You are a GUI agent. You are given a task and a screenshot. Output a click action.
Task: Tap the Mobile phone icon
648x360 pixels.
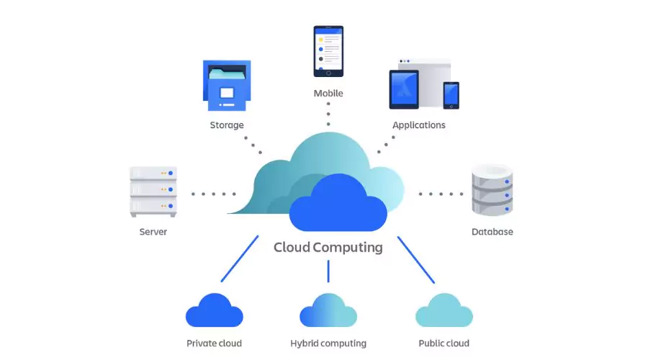click(328, 51)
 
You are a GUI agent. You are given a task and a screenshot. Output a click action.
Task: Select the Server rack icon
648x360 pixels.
click(153, 191)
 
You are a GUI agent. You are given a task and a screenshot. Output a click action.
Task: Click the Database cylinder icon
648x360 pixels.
click(492, 191)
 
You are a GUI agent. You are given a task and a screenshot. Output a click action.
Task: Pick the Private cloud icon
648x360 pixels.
click(214, 312)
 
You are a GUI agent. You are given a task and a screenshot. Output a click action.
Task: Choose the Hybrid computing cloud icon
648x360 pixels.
click(328, 312)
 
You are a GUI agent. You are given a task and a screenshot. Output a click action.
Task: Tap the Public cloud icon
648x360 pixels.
click(444, 312)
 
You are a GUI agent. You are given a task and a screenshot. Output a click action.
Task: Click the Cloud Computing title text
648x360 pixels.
click(328, 248)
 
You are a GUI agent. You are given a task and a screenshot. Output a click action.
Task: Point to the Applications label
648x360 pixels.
click(418, 125)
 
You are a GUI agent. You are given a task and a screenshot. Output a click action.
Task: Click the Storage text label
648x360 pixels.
click(227, 125)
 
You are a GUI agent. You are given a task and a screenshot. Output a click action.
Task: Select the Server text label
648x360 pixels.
click(153, 232)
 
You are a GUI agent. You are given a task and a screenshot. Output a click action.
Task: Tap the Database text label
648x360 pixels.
click(492, 232)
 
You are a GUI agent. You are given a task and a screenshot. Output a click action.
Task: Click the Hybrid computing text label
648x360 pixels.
click(328, 343)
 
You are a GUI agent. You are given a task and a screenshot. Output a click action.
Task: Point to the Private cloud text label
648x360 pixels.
click(214, 343)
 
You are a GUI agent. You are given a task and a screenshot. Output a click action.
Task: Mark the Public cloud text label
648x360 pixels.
click(444, 343)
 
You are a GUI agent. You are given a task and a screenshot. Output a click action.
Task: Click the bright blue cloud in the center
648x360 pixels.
click(338, 205)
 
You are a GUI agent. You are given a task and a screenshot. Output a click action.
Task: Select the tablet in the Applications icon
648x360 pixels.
click(404, 89)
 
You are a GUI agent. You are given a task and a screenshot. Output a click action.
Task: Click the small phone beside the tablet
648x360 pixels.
click(451, 95)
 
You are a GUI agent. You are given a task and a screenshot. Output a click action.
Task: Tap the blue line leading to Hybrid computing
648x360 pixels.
click(328, 271)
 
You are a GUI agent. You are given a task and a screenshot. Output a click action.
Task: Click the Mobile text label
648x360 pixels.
click(328, 94)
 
